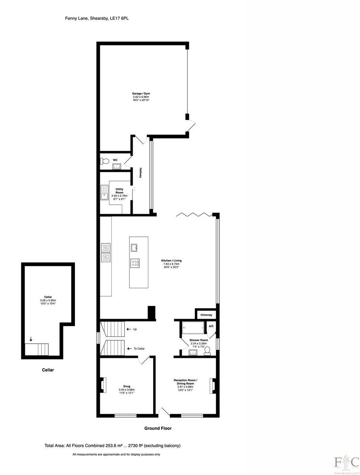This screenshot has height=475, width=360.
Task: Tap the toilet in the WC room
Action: coord(104,161)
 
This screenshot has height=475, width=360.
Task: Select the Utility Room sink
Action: coord(105,193)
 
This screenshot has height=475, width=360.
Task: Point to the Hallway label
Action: coord(140,173)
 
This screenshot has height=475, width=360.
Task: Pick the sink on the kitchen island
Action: coord(133,247)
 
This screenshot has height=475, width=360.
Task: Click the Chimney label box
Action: coord(206,315)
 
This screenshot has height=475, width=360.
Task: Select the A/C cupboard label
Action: coord(211,326)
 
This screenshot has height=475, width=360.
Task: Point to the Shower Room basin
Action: coord(194,352)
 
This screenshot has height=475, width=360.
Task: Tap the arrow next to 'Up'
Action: coord(129,329)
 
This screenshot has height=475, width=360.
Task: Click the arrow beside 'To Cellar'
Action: coord(129,349)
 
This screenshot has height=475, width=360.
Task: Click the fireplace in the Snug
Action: coord(104,386)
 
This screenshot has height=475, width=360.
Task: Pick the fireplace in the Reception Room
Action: coord(212,386)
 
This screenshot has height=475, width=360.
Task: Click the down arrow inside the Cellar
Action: coord(31,339)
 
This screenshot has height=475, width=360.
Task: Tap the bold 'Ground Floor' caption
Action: coord(158,428)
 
